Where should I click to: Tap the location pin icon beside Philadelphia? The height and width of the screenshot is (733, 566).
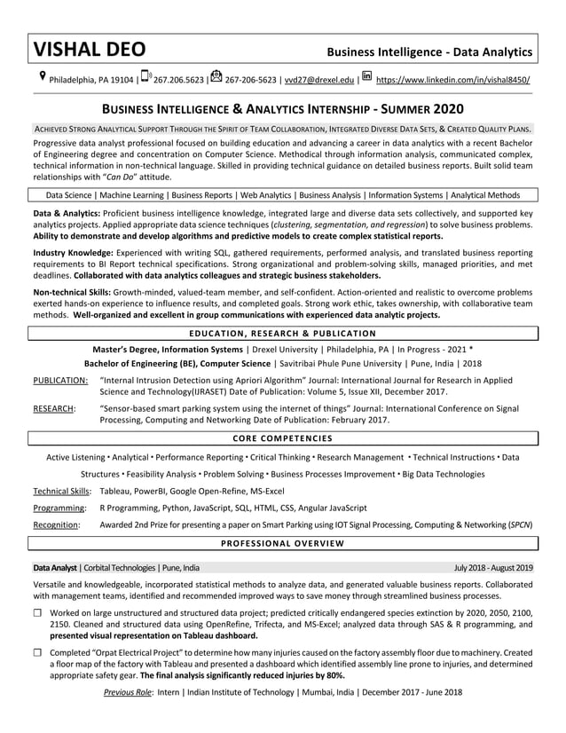pos(41,77)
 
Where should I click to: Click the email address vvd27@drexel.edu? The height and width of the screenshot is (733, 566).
pos(318,80)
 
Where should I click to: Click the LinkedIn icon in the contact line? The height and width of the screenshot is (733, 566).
pos(366,77)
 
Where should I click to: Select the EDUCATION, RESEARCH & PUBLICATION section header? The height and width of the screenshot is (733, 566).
pos(283,334)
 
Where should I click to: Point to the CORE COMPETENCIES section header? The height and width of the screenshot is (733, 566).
pos(283,438)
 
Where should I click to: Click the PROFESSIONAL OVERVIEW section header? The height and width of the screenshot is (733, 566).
pos(283,542)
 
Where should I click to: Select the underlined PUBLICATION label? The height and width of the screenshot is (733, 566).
pos(60,380)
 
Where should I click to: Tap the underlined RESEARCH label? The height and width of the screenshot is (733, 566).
pos(54,408)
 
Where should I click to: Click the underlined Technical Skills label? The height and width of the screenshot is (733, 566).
pos(61,491)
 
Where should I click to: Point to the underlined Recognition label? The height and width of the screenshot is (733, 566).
pos(56,525)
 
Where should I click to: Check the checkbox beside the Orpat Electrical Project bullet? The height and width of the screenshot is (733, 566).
pos(38,652)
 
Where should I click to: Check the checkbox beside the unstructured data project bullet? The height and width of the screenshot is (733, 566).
pos(38,613)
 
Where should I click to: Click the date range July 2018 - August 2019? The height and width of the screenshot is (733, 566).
pos(492,567)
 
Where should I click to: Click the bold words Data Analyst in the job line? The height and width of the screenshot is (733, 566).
pos(55,567)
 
